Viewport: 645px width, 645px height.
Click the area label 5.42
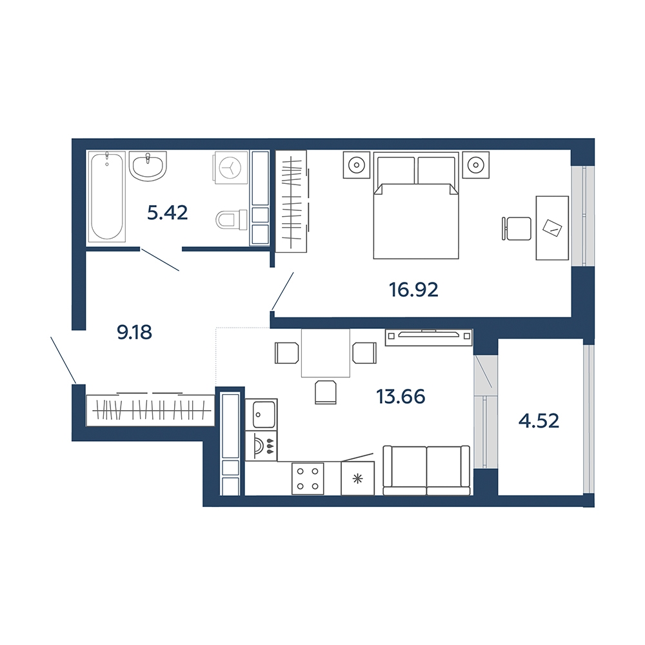(168, 213)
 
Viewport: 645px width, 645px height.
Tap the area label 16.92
(413, 290)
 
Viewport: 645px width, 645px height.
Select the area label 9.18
(135, 332)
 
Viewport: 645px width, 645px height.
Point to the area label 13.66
(401, 397)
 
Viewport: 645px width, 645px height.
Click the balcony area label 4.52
(539, 421)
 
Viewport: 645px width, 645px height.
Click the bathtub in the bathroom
(107, 195)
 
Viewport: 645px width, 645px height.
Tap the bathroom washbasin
(148, 166)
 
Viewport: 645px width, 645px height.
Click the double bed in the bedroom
(416, 205)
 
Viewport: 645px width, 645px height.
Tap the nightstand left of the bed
(357, 165)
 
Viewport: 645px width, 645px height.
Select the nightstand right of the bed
(476, 165)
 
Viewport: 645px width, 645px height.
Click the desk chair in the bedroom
(517, 228)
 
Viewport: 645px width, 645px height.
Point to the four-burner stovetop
(308, 479)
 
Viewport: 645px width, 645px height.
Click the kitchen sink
(261, 415)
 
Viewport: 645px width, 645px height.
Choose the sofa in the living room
(426, 470)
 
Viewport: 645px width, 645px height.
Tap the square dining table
(326, 353)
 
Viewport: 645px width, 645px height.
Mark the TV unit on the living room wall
(429, 337)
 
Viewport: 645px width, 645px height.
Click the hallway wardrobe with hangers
(150, 410)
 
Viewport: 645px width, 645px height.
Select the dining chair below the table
(326, 392)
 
